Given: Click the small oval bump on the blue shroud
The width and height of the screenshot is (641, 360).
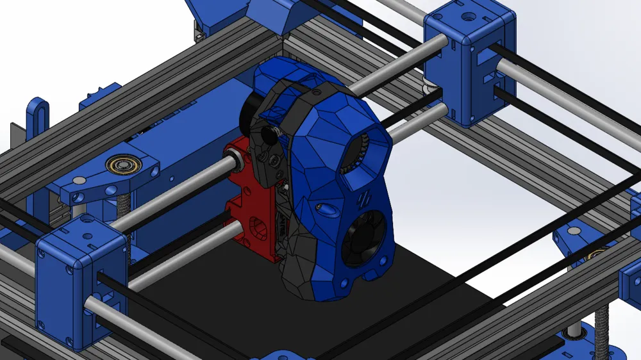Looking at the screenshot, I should tap(326, 209).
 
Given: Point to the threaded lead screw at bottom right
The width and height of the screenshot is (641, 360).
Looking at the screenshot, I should tap(603, 320).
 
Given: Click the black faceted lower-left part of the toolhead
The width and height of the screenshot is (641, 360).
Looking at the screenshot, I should tap(301, 269).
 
